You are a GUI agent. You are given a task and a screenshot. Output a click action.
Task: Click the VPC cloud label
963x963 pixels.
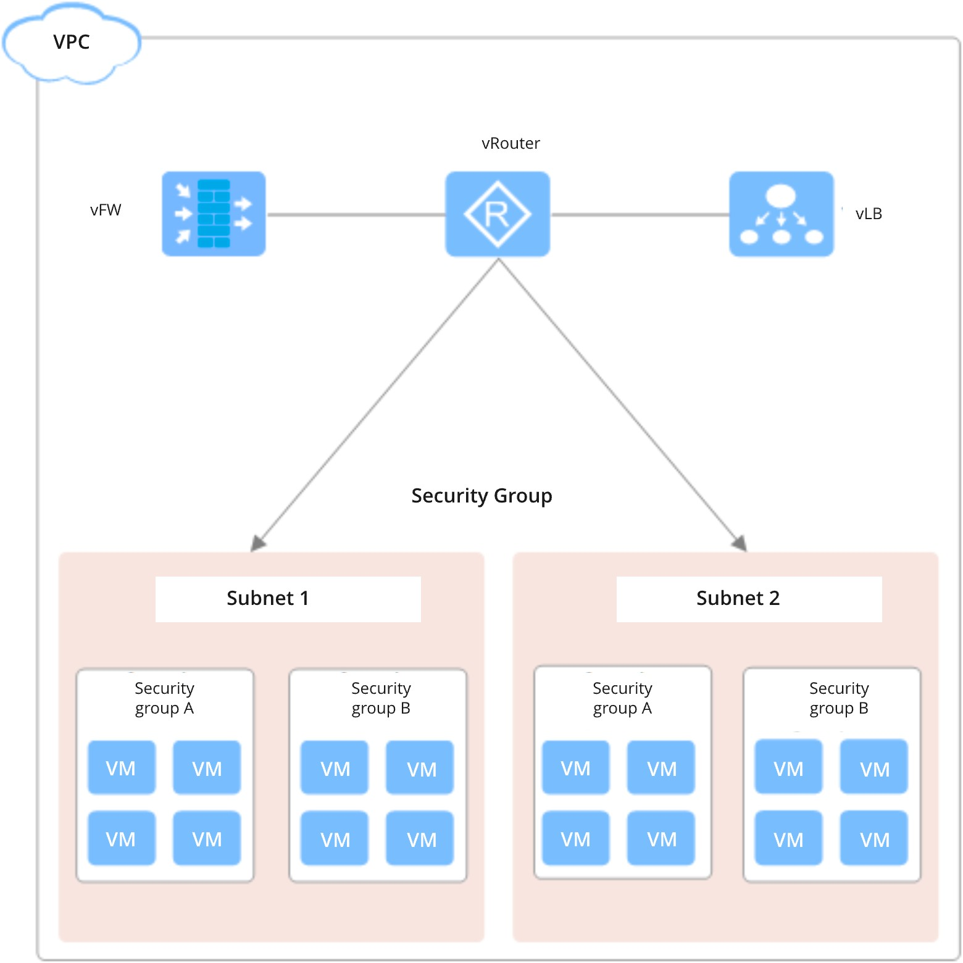click(72, 42)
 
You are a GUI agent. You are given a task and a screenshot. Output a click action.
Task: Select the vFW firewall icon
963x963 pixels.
click(214, 214)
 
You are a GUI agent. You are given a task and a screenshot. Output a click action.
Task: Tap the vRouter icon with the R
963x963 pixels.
click(498, 214)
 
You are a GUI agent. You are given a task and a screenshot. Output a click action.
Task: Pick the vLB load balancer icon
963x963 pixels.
click(781, 214)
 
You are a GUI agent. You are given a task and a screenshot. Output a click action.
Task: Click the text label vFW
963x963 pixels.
click(106, 210)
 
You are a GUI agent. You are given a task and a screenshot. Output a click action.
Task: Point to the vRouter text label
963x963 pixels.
click(511, 143)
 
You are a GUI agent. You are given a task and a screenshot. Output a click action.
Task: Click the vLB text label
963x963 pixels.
click(869, 214)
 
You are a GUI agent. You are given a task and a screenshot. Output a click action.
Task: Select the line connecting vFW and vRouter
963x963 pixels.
click(356, 215)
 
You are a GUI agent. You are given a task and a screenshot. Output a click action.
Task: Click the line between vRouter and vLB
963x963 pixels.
click(640, 215)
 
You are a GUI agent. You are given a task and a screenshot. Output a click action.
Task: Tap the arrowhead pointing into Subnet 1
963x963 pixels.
click(258, 543)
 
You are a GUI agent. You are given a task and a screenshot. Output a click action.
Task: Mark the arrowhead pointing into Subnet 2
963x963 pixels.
click(739, 543)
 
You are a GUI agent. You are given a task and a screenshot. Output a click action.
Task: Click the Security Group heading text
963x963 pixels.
click(481, 496)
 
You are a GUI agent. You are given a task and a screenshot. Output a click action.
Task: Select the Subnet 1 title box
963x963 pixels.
click(288, 599)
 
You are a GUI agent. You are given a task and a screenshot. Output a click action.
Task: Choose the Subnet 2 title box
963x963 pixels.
click(749, 599)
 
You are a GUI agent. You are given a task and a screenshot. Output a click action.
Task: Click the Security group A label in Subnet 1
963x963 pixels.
click(164, 698)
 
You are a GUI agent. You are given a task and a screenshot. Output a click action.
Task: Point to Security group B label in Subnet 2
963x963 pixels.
click(839, 698)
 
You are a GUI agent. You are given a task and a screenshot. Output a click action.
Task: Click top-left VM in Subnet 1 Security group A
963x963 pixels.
click(121, 768)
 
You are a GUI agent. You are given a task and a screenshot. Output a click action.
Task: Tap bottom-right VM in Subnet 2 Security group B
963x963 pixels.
click(874, 839)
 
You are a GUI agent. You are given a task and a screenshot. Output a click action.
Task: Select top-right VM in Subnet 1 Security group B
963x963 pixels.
click(420, 769)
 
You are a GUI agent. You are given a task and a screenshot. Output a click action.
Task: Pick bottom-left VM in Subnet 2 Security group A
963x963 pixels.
click(575, 839)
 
